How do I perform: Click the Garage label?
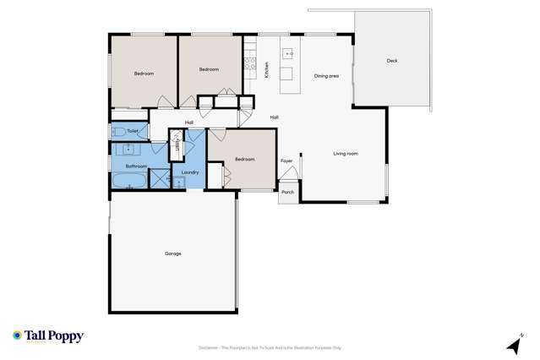(172, 254)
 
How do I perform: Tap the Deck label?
(391, 61)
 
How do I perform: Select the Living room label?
(345, 153)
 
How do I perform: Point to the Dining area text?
(326, 76)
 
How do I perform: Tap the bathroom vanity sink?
(127, 150)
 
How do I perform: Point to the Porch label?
(287, 192)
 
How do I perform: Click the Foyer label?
(286, 161)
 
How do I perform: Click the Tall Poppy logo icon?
(17, 335)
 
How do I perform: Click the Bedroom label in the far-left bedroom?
(145, 74)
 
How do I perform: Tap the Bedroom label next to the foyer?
(245, 159)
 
